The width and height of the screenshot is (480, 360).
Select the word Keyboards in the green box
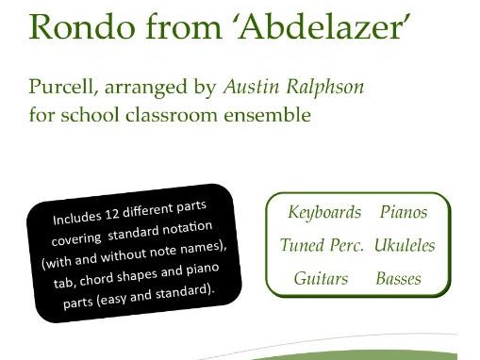(324, 212)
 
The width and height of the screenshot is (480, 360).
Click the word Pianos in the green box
(403, 212)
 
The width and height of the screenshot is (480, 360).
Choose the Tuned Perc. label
(322, 245)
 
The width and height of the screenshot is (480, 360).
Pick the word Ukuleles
(405, 245)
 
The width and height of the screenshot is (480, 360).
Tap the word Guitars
(321, 279)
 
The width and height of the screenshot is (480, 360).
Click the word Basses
(398, 279)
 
